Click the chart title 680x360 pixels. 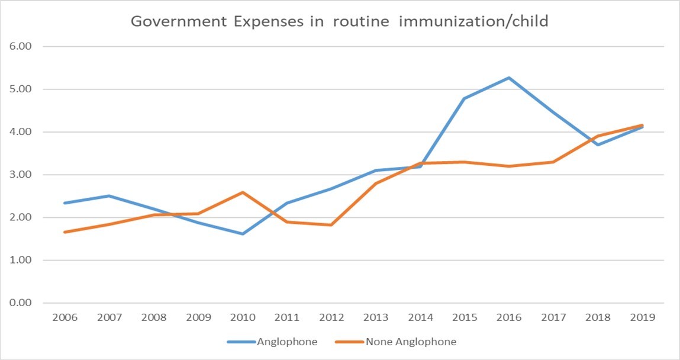339,22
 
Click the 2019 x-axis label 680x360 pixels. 642,318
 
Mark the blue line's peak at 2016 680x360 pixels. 508,78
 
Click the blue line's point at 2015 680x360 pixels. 464,98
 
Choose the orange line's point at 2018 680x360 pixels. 598,136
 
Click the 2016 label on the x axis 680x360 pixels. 508,318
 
